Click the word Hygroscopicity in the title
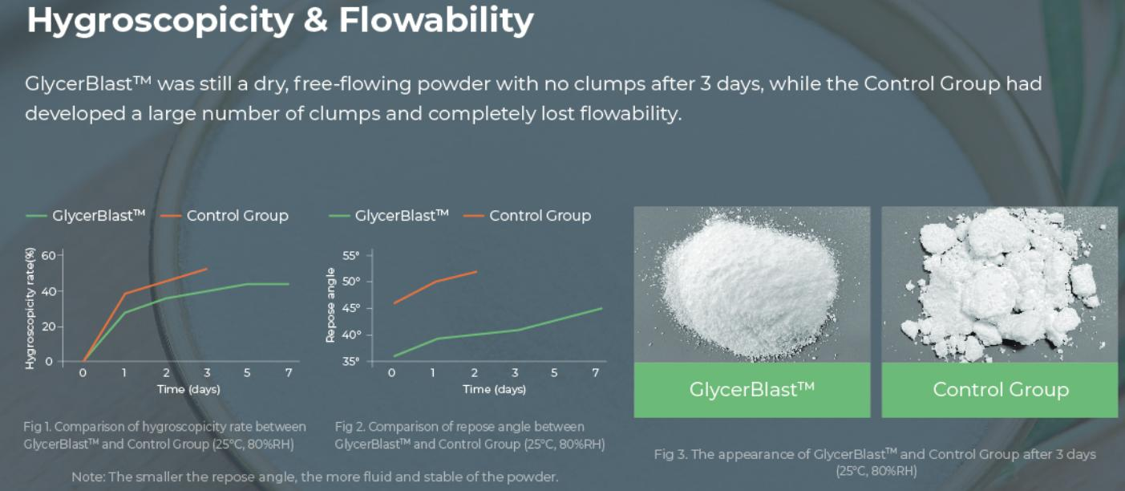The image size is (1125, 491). (x=160, y=21)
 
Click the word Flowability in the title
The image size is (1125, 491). (x=436, y=20)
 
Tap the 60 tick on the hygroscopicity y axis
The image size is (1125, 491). (x=49, y=255)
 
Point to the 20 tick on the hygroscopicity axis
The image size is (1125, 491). (x=49, y=327)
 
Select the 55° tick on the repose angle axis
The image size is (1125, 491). (x=351, y=255)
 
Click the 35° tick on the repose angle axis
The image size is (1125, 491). (x=351, y=361)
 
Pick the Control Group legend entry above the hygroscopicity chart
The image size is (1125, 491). (x=225, y=216)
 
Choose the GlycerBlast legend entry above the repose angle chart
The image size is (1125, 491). (x=389, y=216)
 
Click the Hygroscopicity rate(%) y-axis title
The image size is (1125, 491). (x=30, y=308)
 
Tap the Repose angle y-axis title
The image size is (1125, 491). (x=330, y=305)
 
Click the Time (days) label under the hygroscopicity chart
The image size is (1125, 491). (x=188, y=389)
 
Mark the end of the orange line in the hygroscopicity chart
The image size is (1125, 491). (x=207, y=269)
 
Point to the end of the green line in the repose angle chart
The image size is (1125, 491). (x=601, y=308)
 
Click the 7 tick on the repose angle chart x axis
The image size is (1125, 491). (x=596, y=373)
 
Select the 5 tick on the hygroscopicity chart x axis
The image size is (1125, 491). (x=247, y=373)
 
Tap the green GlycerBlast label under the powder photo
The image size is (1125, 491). (x=752, y=390)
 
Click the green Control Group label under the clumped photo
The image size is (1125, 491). (x=1000, y=390)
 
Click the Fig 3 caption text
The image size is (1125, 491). (x=876, y=462)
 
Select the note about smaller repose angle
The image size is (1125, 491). (x=315, y=477)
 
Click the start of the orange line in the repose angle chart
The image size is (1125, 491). (x=395, y=303)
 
